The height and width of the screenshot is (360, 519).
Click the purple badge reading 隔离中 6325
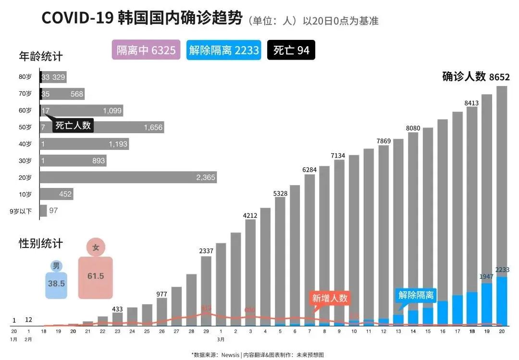[x=146, y=50]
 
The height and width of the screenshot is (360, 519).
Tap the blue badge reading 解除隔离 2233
[x=223, y=50]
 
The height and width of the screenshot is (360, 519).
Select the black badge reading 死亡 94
[x=291, y=50]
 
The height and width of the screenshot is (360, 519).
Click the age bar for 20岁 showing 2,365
[x=128, y=177]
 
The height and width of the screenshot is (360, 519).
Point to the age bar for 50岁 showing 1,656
[x=101, y=127]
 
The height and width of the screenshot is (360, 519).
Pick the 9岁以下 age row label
[x=21, y=211]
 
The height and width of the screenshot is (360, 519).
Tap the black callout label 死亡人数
[x=73, y=125]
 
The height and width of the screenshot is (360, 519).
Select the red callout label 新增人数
[x=330, y=298]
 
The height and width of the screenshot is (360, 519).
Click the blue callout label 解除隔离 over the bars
[x=416, y=295]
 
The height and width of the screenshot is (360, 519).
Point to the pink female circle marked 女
[x=96, y=248]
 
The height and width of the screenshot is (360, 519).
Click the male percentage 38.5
[x=56, y=283]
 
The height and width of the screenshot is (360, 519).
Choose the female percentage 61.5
[x=96, y=276]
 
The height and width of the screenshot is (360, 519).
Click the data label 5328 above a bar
[x=280, y=193]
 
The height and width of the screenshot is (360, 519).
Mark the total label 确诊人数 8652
[x=475, y=77]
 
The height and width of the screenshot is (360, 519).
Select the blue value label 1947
[x=487, y=277]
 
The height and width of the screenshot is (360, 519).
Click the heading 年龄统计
[x=40, y=56]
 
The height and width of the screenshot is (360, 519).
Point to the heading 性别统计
[x=40, y=243]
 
